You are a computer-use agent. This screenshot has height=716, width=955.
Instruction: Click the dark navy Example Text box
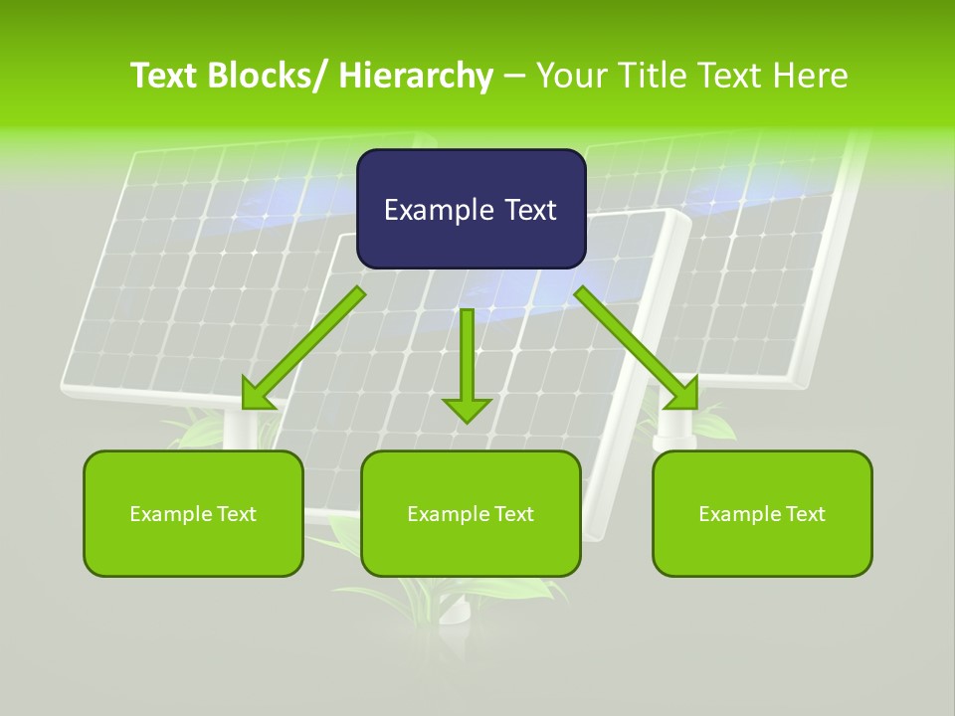pos(471,209)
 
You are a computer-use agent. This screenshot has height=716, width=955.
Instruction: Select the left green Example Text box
pos(193,513)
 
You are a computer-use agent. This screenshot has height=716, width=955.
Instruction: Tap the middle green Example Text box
pos(471,513)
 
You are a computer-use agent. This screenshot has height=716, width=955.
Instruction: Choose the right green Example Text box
pos(762,513)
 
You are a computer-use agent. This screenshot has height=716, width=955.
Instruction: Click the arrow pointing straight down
pos(467,363)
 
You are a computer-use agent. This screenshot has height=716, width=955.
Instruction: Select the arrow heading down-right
pos(637,348)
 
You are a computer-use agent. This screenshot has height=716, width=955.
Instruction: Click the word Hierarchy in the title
pos(415,76)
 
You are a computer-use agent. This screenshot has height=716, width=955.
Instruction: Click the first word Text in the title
pos(165,76)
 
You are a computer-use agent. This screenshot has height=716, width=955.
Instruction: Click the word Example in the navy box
pos(438,210)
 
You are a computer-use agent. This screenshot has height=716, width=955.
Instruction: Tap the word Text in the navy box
pos(528,210)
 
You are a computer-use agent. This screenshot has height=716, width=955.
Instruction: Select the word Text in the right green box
pos(805,514)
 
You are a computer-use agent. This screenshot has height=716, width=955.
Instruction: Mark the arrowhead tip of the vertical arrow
pos(467,421)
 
